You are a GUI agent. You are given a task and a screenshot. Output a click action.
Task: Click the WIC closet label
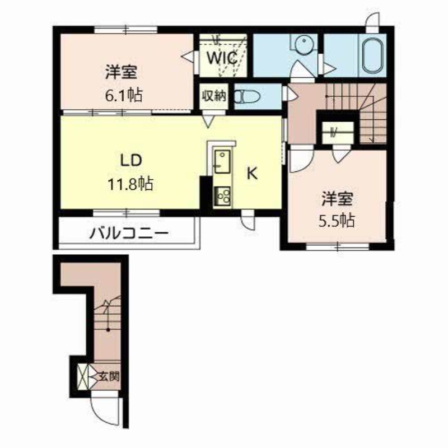coord(222,58)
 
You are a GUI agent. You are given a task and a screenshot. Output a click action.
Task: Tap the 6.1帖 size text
coord(123,95)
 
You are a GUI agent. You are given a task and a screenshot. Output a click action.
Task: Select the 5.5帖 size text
coord(337,220)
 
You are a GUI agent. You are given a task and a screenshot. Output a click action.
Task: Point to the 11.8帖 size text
coord(130,184)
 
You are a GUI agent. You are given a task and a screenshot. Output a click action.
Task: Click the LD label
coord(131,161)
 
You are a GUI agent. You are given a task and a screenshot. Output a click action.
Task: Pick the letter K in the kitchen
coord(252,173)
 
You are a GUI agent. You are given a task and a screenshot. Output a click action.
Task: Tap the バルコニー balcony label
coord(129,234)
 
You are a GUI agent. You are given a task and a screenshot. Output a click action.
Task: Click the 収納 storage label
coord(214,96)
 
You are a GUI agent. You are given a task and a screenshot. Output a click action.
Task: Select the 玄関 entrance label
coord(109,377)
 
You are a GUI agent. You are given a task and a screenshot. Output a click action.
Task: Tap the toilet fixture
coord(247,96)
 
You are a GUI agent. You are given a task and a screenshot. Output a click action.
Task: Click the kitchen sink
coord(222,162)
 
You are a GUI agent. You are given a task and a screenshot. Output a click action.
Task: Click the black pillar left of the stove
coord(206,195)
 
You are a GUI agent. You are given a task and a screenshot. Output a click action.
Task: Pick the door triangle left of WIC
coord(188,56)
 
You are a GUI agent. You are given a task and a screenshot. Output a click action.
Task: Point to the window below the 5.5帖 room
coord(338,246)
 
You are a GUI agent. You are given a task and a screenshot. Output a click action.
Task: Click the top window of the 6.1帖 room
coord(126,30)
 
